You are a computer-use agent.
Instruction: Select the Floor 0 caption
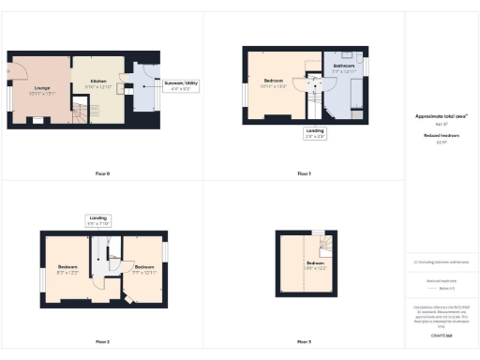102,173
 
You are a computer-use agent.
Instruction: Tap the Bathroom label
343,68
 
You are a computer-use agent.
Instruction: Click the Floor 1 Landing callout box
315,133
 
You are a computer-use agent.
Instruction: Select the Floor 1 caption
304,173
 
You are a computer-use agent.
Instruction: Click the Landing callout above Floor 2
98,221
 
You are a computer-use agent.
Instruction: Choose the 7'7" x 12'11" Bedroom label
143,269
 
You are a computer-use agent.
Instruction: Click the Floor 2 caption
102,341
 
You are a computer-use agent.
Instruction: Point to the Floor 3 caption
304,341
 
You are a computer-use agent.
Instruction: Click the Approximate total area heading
442,117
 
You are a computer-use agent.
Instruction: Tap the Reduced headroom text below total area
442,138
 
